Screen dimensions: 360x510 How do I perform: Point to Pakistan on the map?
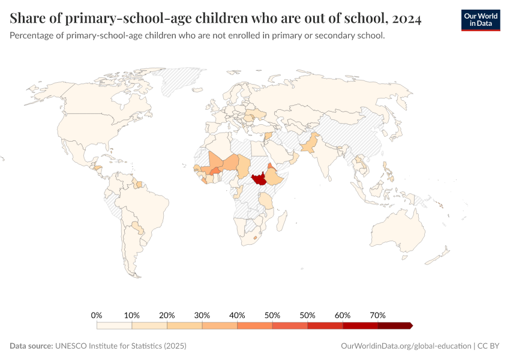[310, 146]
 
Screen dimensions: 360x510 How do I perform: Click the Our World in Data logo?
[480, 20]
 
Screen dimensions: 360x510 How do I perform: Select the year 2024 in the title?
[408, 19]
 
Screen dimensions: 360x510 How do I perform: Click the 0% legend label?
[97, 315]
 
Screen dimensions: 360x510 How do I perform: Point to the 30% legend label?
[202, 315]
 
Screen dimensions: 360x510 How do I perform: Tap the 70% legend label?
[378, 315]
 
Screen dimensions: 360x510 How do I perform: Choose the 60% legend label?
[343, 315]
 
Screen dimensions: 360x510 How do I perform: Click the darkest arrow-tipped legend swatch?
[395, 325]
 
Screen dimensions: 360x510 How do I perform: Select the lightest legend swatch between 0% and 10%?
[114, 325]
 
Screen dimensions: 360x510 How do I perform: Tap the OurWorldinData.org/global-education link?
[406, 346]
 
